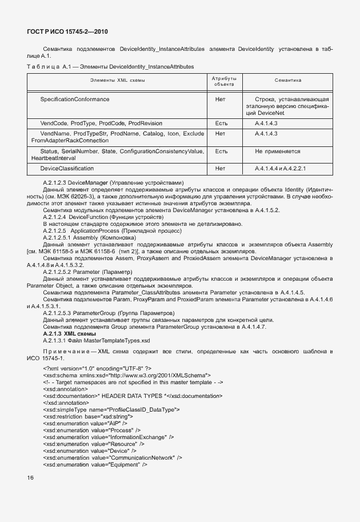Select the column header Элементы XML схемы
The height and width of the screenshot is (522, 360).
click(118, 81)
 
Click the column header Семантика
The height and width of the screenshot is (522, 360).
click(288, 81)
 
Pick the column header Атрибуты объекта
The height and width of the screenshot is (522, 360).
click(224, 81)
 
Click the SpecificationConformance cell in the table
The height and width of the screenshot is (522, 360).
click(75, 99)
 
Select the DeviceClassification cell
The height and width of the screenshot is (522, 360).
click(67, 169)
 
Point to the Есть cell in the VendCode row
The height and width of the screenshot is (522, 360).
click(221, 123)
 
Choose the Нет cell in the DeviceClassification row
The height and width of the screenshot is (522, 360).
click(221, 169)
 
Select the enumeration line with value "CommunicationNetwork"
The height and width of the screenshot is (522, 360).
click(113, 457)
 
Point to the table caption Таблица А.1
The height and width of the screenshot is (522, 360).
click(47, 67)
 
